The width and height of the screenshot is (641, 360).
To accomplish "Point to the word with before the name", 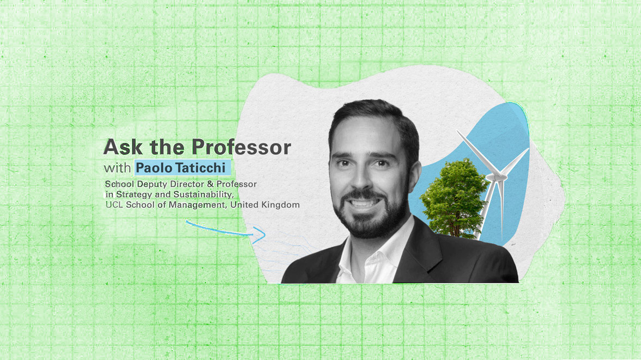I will pyautogui.click(x=118, y=167).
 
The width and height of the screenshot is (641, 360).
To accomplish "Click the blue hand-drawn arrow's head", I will pyautogui.click(x=262, y=235).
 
